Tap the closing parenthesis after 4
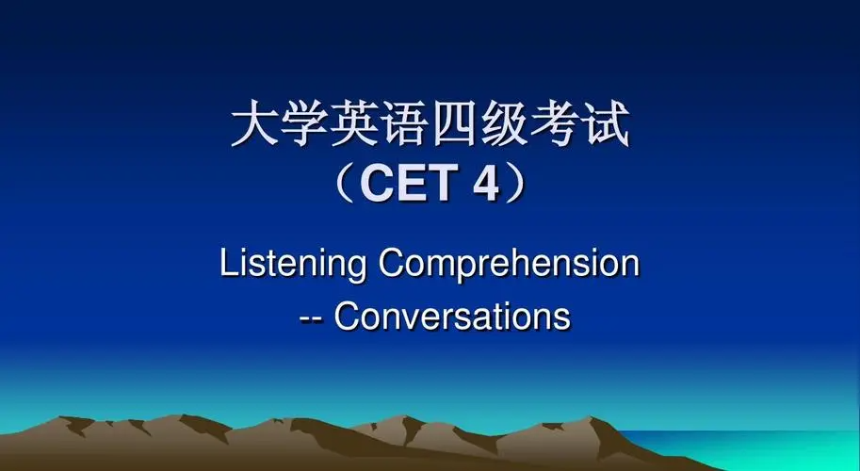(516, 185)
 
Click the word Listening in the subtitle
(293, 263)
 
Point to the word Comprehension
(509, 263)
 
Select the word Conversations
(452, 316)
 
